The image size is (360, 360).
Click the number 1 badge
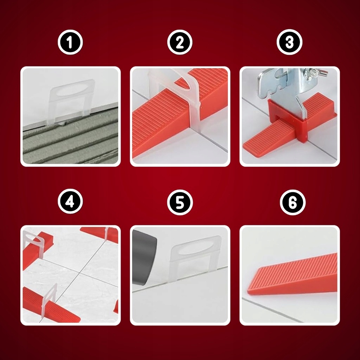(70, 42)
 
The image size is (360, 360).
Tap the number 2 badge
(180, 42)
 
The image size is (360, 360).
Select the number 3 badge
(289, 42)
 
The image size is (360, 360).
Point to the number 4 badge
(70, 201)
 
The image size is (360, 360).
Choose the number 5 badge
(180, 202)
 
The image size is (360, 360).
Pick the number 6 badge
(293, 202)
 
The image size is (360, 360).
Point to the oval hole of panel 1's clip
(70, 91)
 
